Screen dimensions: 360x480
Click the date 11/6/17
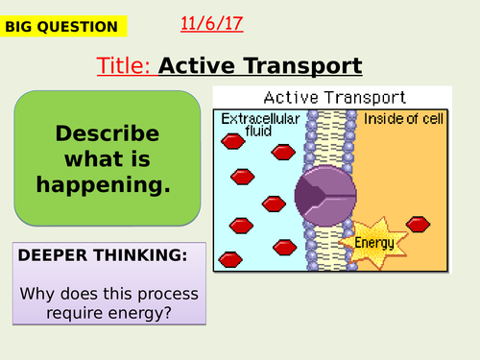pos(210,23)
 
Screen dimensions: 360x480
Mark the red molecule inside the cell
pos(418,224)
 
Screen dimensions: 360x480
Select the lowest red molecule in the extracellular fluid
pos(230,259)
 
